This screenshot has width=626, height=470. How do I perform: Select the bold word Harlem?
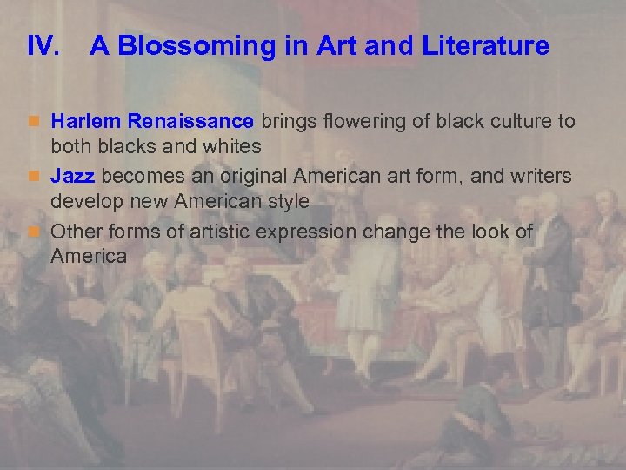click(x=85, y=121)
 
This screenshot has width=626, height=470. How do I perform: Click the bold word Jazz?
click(x=72, y=177)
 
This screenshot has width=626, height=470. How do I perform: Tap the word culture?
click(x=513, y=121)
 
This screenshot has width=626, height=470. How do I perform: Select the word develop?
click(x=83, y=201)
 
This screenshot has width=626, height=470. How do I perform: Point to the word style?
click(x=288, y=201)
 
